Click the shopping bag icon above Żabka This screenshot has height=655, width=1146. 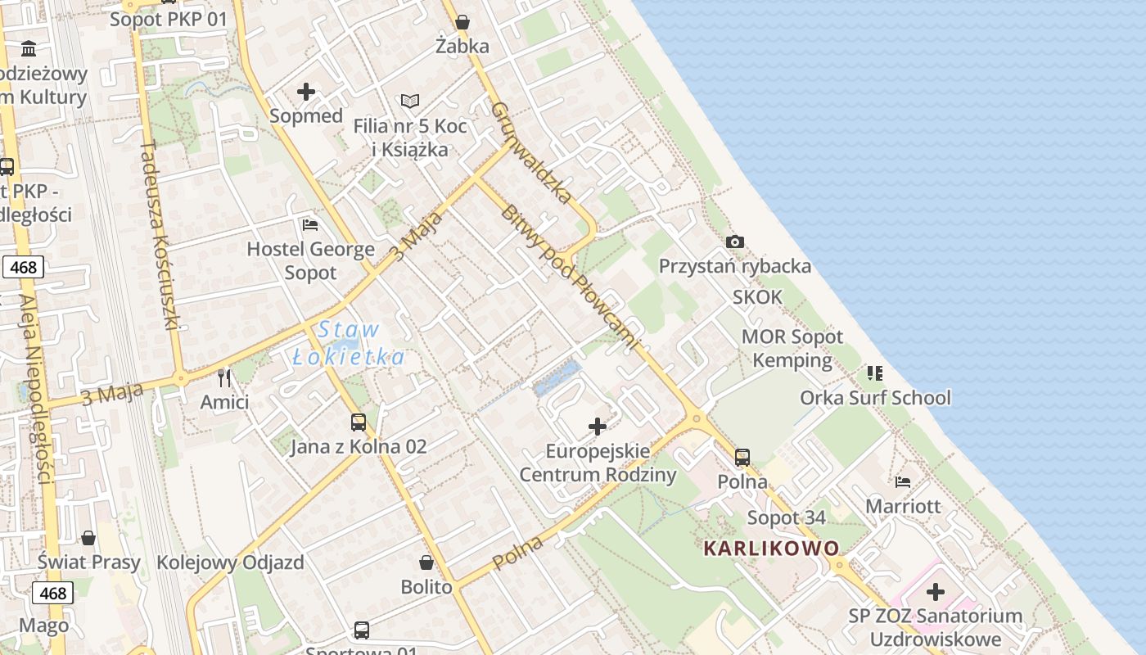point(462,22)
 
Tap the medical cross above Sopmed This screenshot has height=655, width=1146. point(306,92)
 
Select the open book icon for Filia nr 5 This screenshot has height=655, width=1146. point(410,102)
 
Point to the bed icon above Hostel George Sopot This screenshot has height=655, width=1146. point(310,224)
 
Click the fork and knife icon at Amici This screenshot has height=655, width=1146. point(225,377)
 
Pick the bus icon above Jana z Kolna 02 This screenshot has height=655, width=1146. point(359,422)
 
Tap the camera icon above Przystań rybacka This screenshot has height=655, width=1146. point(735,242)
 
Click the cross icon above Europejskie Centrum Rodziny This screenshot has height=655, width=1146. point(598,427)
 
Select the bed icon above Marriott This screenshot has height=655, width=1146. point(903,481)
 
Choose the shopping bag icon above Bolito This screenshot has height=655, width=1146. point(426,562)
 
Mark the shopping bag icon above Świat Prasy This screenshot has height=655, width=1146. point(88,538)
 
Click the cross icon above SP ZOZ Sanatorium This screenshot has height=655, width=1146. point(936,591)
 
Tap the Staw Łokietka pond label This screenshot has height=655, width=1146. point(349,343)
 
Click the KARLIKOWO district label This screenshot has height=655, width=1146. point(771,548)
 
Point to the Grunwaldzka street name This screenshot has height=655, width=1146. point(532,152)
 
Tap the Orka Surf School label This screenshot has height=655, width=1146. point(875,398)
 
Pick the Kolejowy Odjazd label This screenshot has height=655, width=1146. point(230,562)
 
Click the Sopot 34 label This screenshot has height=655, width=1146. point(786,517)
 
